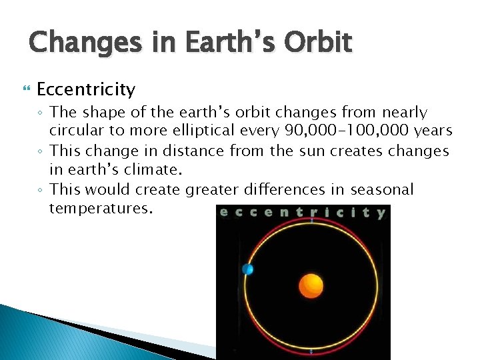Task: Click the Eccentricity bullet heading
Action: tap(86, 89)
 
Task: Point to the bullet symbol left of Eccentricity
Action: tap(27, 89)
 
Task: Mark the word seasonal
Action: tap(378, 190)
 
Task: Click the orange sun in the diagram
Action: tap(311, 285)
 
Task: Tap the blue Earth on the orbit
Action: tap(248, 269)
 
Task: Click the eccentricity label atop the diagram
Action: tap(303, 213)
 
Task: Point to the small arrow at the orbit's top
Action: tap(311, 220)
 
